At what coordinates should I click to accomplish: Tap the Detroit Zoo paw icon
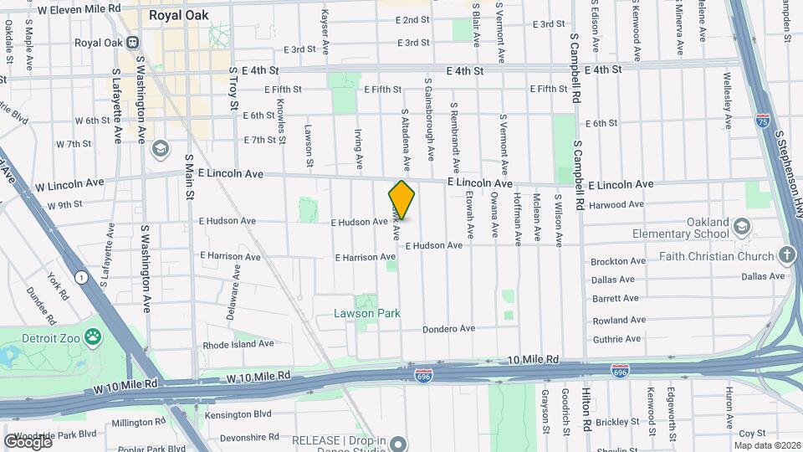[92, 338]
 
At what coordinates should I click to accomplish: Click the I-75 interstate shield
[762, 121]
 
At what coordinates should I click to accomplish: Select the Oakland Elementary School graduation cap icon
[741, 227]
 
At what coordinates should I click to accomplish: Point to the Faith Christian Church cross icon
[786, 254]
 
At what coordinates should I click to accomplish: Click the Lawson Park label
[367, 314]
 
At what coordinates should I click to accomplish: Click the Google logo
[28, 441]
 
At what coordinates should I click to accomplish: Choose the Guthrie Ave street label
[616, 339]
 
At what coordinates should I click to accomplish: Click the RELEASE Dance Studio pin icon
[398, 443]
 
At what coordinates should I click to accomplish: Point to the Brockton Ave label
[618, 261]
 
